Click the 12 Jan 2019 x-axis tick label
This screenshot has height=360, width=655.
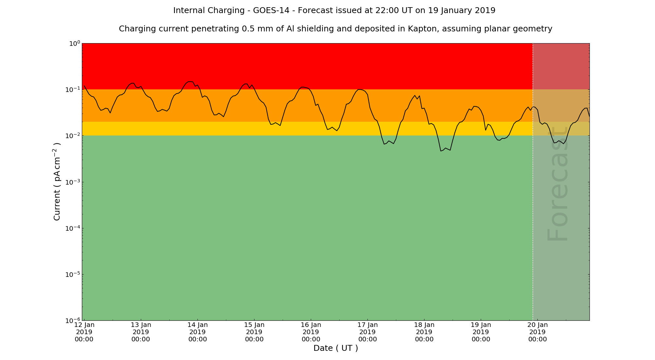[84, 332]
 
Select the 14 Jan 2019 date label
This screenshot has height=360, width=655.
[197, 332]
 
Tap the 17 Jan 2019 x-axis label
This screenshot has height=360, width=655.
[367, 332]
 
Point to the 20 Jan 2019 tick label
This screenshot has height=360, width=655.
[537, 332]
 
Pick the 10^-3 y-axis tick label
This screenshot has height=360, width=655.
[72, 182]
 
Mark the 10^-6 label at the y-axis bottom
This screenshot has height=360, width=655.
[72, 320]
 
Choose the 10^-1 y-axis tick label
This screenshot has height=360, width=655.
[72, 90]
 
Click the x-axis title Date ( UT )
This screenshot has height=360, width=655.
[336, 348]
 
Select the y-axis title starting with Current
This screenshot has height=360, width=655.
[57, 182]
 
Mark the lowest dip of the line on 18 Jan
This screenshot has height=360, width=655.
[441, 151]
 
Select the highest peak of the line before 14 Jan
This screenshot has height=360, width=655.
[190, 81]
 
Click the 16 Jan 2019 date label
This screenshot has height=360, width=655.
[311, 332]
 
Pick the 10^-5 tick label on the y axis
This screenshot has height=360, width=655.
[72, 274]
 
